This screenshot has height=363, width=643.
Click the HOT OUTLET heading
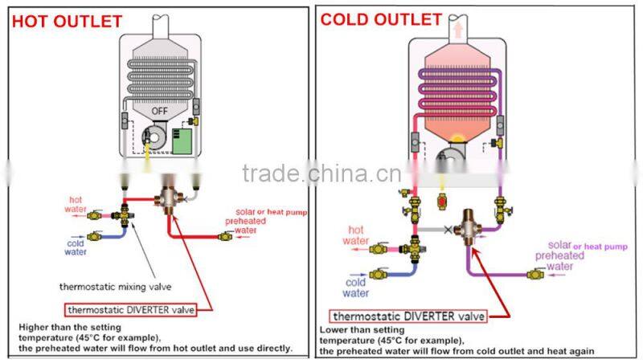67,22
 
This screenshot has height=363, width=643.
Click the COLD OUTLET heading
381,19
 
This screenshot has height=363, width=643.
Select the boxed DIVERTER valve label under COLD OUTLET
408,316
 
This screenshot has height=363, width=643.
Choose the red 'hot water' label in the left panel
75,204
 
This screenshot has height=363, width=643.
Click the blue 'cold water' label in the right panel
356,288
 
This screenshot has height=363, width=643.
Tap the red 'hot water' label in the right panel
355,235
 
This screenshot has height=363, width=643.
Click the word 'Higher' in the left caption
35,327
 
